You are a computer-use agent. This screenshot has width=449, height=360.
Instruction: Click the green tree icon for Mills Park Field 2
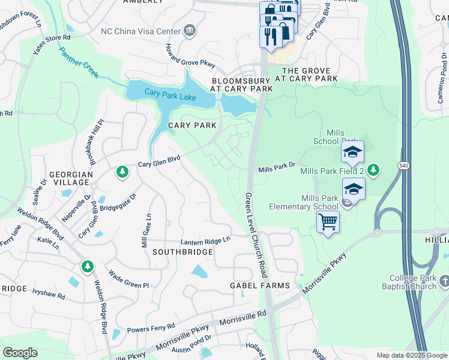coord(373,170)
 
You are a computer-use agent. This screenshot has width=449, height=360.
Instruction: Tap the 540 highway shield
coord(403,164)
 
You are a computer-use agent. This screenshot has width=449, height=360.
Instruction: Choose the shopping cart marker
coord(328,222)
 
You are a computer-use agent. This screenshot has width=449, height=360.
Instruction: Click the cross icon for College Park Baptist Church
coord(444,281)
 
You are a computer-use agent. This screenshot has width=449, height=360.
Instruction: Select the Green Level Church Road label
coord(256,235)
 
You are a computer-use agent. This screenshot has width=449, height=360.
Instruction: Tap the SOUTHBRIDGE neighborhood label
coord(182,252)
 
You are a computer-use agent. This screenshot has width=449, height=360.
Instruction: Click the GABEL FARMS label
coord(260,286)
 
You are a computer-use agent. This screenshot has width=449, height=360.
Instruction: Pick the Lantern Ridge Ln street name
coord(206,241)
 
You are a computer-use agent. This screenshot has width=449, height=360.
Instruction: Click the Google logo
coord(20,353)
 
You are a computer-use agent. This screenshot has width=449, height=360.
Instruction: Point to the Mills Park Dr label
coord(277,170)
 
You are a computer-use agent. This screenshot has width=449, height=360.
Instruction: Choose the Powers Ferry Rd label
coord(151,328)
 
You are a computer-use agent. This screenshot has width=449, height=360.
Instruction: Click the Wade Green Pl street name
coord(128,280)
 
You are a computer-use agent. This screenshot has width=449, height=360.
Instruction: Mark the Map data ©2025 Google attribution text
coord(412,355)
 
